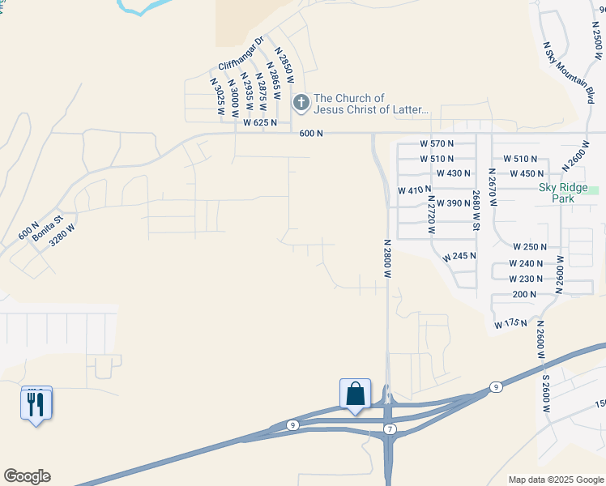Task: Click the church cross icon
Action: click(x=301, y=103)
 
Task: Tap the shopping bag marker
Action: click(x=355, y=394)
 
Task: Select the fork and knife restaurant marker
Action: click(x=36, y=403)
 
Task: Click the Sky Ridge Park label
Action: click(x=557, y=193)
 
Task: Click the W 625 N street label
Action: click(x=260, y=123)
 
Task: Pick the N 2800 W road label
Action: click(x=388, y=258)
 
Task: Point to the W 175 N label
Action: click(x=510, y=324)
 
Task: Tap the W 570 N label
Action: click(x=437, y=143)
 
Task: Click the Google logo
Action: click(x=27, y=476)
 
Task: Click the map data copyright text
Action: click(x=556, y=480)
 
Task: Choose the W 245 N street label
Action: click(x=459, y=256)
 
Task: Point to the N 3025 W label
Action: click(x=216, y=97)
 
